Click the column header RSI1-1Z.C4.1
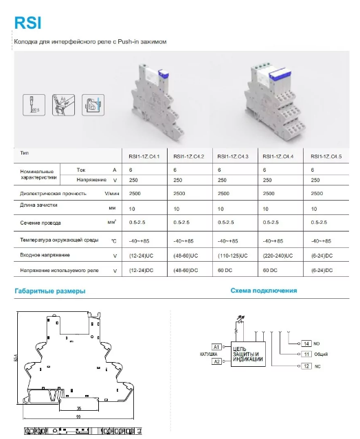(x=139, y=157)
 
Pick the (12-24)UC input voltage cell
(x=139, y=256)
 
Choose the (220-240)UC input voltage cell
(x=278, y=256)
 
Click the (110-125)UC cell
(x=232, y=256)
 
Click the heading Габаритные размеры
(x=50, y=291)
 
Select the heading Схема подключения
(x=264, y=291)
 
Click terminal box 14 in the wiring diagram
(x=307, y=343)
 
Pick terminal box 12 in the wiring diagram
(x=307, y=367)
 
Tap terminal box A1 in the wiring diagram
(x=216, y=346)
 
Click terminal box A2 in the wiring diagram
(x=216, y=361)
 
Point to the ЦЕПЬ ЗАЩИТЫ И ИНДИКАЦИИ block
(x=249, y=353)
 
